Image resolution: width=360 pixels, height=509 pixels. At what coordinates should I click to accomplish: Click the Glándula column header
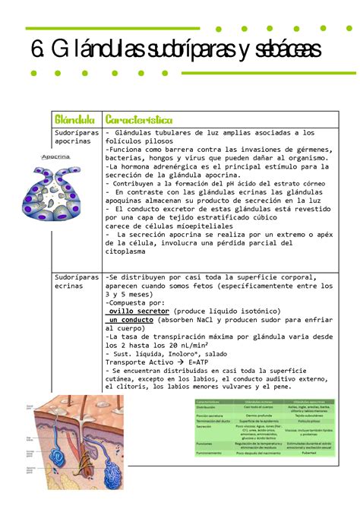tap(74, 120)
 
